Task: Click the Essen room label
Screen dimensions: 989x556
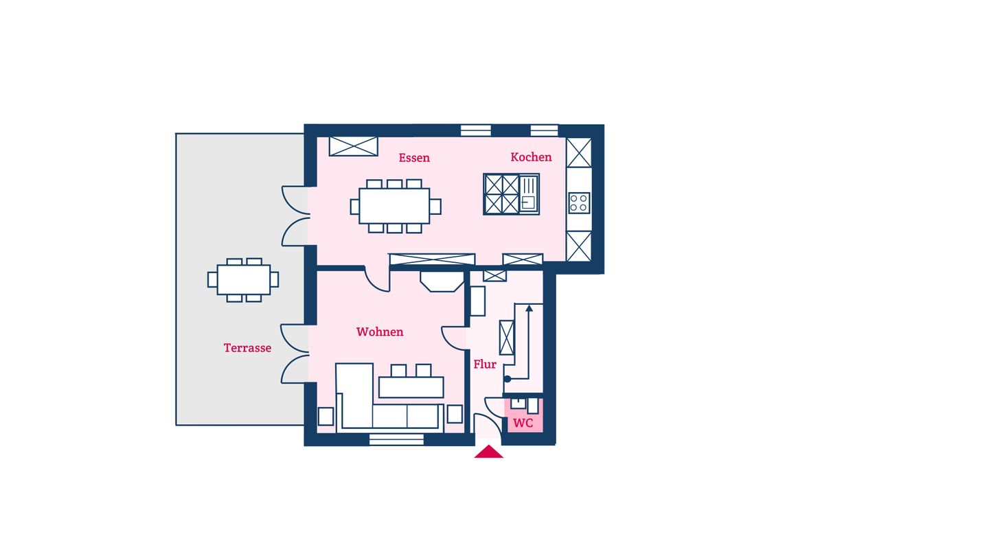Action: pyautogui.click(x=414, y=158)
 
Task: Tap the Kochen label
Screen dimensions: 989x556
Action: pyautogui.click(x=531, y=157)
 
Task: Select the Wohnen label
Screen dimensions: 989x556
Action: pyautogui.click(x=380, y=332)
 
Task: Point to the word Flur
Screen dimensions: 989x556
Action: pyautogui.click(x=485, y=364)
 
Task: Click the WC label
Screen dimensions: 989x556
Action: pyautogui.click(x=523, y=423)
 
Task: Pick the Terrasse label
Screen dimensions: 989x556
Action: pyautogui.click(x=247, y=348)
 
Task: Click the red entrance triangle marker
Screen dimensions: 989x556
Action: pyautogui.click(x=489, y=452)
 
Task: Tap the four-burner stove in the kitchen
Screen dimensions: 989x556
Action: pyautogui.click(x=579, y=203)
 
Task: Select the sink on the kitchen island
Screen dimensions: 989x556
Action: pyautogui.click(x=529, y=194)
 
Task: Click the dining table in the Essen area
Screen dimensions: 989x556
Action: pyautogui.click(x=394, y=206)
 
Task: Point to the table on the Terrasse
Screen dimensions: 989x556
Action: pyautogui.click(x=244, y=280)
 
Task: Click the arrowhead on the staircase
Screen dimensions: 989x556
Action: pyautogui.click(x=529, y=308)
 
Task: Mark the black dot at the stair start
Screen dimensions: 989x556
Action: pyautogui.click(x=508, y=379)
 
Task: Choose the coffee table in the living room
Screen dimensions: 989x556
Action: pyautogui.click(x=411, y=387)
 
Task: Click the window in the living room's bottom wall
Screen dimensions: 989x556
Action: pyautogui.click(x=396, y=439)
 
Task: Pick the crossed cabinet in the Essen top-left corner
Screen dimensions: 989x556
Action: pyautogui.click(x=354, y=146)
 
